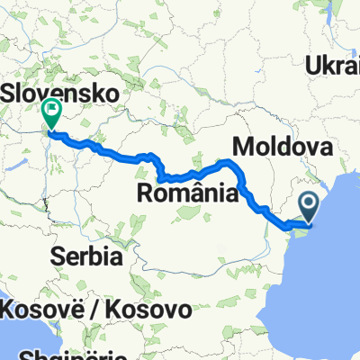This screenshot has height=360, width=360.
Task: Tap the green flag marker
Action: (x=51, y=112)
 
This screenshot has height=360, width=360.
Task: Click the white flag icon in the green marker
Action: (x=51, y=112)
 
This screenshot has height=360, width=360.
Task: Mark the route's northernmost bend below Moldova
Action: (x=229, y=162)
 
